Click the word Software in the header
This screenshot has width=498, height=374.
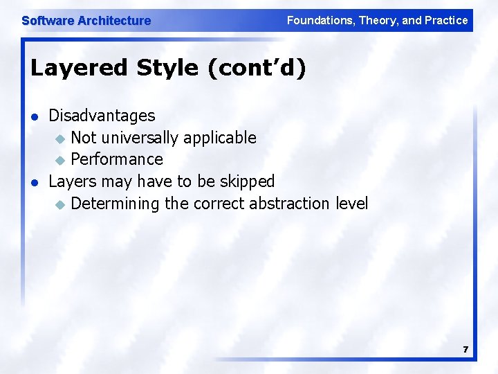(48, 21)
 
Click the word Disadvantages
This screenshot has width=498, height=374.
(102, 115)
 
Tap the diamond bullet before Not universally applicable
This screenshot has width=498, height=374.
(59, 139)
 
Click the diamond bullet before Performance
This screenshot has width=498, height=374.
(59, 161)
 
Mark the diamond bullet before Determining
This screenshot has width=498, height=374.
(59, 204)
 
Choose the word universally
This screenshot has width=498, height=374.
(138, 138)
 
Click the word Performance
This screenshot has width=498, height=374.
(117, 159)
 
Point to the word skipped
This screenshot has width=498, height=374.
(247, 181)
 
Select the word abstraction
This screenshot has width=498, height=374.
(290, 204)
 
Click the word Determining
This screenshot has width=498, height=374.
(115, 204)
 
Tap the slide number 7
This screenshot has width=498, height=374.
(465, 350)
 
